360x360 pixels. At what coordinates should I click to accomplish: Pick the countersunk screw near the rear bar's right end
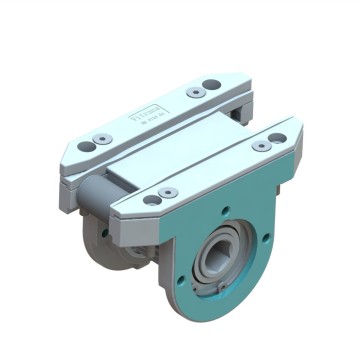pyautogui.click(x=195, y=93)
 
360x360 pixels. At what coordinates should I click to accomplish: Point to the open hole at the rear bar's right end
pyautogui.click(x=210, y=85)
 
